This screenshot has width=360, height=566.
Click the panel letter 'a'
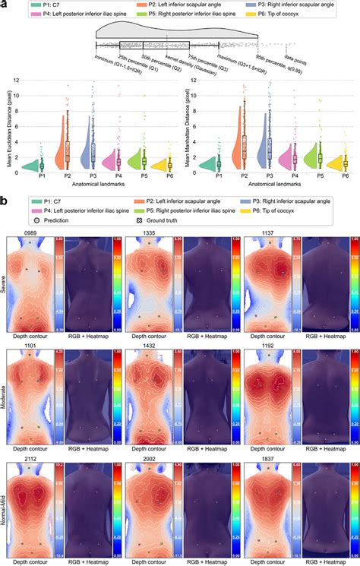[5, 5]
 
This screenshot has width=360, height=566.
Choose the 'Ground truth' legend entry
[141, 225]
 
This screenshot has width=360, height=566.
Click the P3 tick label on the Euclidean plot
[93, 175]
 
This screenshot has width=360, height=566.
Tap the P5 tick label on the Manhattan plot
[320, 175]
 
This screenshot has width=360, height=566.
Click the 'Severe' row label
[5, 283]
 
